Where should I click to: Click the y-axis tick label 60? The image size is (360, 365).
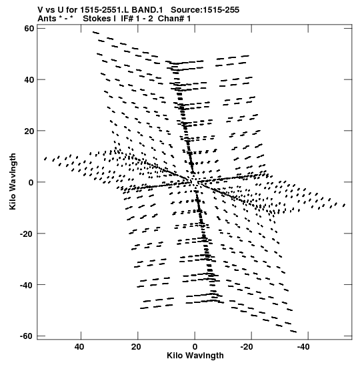tap(29, 29)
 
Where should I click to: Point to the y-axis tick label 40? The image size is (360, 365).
tap(29, 79)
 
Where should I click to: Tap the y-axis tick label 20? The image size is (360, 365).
tap(29, 131)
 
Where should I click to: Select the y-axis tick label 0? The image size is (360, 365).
tap(31, 183)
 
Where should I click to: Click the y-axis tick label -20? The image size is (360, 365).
tap(27, 234)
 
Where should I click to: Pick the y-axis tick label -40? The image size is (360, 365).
tap(27, 285)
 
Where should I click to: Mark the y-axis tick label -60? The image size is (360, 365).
tap(27, 336)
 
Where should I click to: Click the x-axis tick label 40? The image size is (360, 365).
tap(79, 347)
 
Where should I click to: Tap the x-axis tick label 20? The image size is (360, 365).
tap(136, 347)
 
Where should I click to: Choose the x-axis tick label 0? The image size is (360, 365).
tap(195, 347)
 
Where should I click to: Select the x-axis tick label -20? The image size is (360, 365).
tap(247, 347)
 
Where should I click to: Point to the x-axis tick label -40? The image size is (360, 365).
tap(303, 347)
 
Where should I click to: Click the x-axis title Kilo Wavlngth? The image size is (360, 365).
tap(195, 356)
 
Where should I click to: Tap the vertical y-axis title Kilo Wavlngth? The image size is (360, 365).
tap(13, 181)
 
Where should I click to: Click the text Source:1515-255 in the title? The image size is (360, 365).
tap(205, 10)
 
